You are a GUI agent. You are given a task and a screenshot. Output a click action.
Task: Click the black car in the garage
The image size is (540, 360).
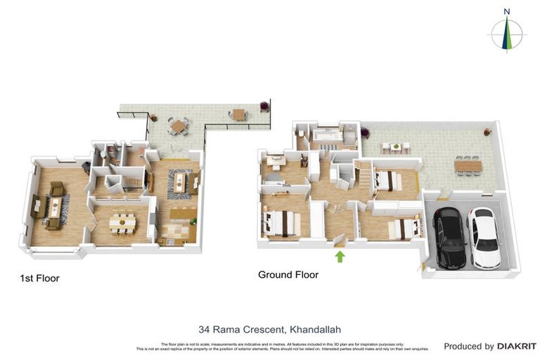coord(451,237)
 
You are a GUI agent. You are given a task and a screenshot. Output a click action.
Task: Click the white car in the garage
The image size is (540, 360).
coord(484,237)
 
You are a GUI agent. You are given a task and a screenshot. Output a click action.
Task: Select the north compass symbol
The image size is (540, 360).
coord(506,32)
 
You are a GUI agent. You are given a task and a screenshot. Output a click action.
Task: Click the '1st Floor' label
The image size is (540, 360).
coord(39,278)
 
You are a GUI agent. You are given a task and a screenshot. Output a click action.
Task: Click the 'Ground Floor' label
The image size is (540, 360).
coord(288,275)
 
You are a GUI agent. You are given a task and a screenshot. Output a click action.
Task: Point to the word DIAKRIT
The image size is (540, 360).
coord(517,346)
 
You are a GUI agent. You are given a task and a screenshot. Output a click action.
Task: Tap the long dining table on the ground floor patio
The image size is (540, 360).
coord(467,166)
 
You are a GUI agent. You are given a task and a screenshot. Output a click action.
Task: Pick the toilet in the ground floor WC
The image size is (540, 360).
coord(300,133)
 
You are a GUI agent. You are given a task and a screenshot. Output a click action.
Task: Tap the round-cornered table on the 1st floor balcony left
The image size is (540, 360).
coord(179,126)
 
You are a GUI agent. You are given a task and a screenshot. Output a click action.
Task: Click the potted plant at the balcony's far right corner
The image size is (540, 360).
coord(264,107)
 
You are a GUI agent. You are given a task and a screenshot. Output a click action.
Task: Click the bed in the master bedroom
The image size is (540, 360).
coord(282,224)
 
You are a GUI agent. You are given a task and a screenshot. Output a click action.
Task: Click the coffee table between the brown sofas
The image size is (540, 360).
coord(53,206)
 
